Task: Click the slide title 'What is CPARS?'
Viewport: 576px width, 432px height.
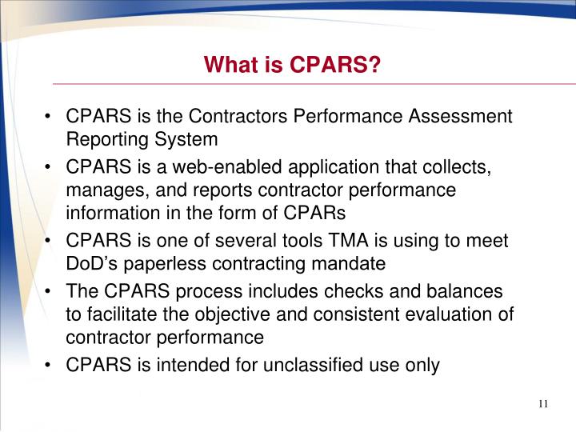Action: point(291,63)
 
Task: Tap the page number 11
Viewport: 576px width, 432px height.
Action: point(543,402)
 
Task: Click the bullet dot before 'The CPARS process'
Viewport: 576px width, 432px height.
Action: point(50,292)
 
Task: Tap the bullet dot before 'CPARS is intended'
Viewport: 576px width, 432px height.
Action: point(50,366)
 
